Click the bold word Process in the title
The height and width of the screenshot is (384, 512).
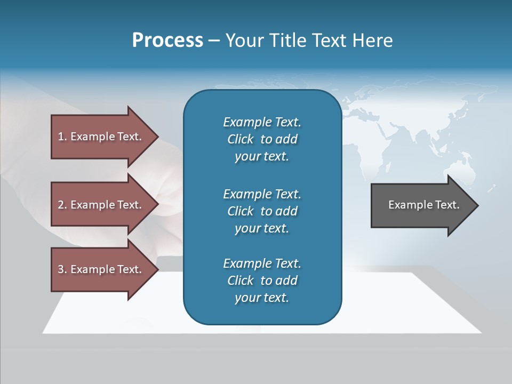point(167,41)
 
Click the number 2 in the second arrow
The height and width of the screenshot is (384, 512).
point(61,205)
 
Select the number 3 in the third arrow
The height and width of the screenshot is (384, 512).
point(61,269)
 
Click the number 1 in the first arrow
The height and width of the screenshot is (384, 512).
point(61,137)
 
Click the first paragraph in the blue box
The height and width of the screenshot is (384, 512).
point(262,139)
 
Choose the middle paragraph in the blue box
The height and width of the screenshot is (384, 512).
point(262,211)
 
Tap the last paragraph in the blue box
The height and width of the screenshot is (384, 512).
point(262,281)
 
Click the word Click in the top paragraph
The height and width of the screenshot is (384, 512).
point(241,140)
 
